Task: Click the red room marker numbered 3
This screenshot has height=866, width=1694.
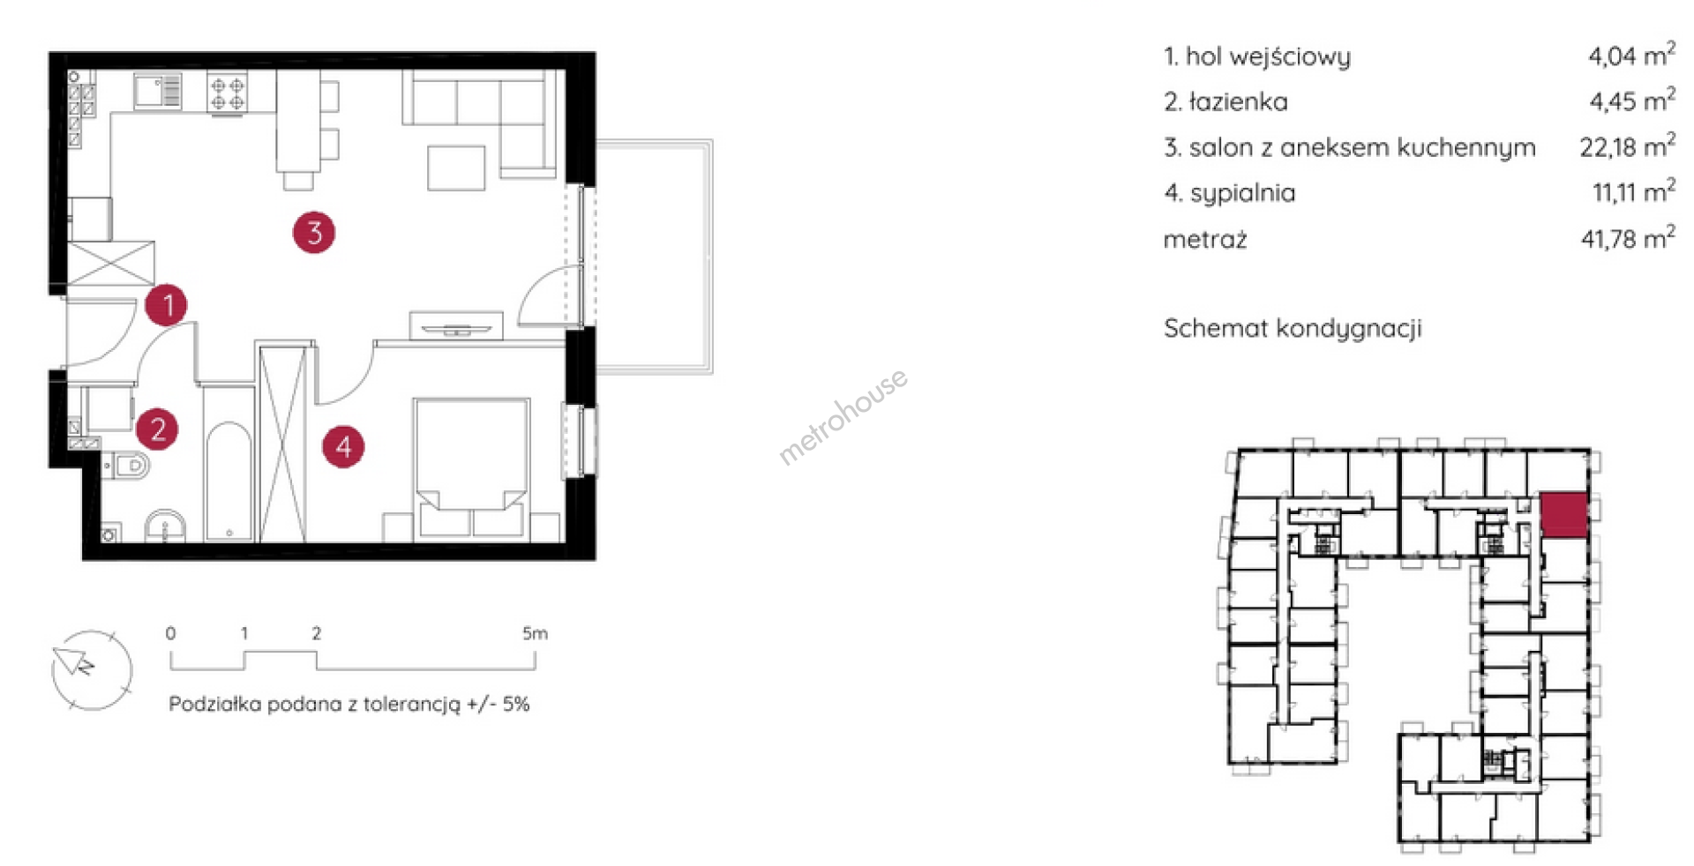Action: tap(314, 233)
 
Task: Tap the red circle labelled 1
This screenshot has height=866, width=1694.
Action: tap(167, 305)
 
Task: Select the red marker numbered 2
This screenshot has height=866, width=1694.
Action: tap(157, 429)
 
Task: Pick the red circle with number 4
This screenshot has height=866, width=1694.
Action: tap(343, 446)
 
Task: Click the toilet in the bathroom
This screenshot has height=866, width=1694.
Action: tap(127, 464)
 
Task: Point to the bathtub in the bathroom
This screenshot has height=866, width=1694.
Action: tap(229, 482)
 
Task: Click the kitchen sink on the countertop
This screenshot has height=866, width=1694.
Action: tap(158, 91)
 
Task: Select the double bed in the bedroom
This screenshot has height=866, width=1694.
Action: tap(472, 468)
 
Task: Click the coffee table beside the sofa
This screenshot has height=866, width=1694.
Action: tap(456, 168)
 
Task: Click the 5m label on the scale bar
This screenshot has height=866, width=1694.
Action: tap(535, 633)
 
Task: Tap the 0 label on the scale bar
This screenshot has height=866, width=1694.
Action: tap(170, 633)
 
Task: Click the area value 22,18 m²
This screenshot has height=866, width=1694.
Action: tap(1627, 146)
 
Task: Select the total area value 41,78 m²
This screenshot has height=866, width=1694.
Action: tap(1628, 237)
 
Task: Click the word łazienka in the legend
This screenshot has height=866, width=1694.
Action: tap(1238, 102)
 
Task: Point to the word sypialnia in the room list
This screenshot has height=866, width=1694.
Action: tap(1242, 193)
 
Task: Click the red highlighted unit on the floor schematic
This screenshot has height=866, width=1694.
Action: tap(1564, 515)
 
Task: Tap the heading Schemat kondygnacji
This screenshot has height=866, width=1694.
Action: tap(1293, 329)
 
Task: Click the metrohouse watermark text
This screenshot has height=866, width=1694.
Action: tap(843, 416)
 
